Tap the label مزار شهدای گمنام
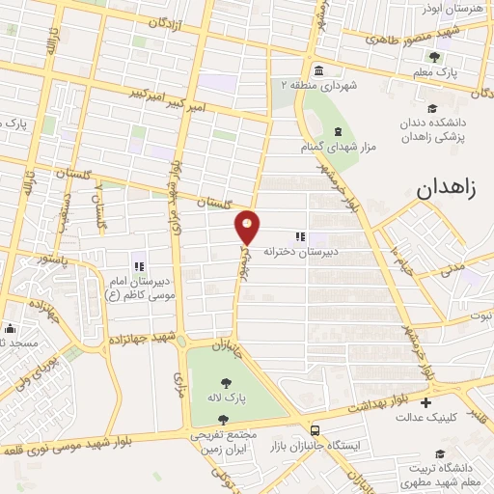click(x=338, y=148)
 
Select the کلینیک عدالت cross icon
click(x=426, y=402)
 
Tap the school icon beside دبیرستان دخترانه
click(x=300, y=236)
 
